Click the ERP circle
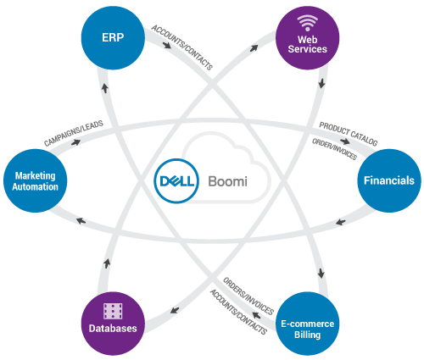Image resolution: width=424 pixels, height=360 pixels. pyautogui.click(x=113, y=38)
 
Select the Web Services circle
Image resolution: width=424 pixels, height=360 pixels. pyautogui.click(x=307, y=38)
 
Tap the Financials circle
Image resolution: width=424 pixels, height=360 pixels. pyautogui.click(x=389, y=180)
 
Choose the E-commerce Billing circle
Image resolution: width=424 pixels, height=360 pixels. pyautogui.click(x=307, y=324)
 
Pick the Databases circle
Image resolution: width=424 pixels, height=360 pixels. pyautogui.click(x=113, y=324)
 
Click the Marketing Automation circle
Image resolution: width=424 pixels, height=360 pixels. pyautogui.click(x=36, y=180)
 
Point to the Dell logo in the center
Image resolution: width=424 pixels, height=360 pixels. pyautogui.click(x=176, y=180)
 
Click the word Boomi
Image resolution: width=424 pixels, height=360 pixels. pyautogui.click(x=227, y=181)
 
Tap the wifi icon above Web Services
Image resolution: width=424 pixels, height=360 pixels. pyautogui.click(x=307, y=23)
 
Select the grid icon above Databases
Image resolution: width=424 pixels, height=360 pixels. pyautogui.click(x=113, y=311)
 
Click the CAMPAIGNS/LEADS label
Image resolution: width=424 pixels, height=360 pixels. pyautogui.click(x=74, y=133)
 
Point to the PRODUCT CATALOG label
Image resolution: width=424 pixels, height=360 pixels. pyautogui.click(x=349, y=134)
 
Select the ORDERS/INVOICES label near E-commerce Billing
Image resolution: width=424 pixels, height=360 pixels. pyautogui.click(x=248, y=296)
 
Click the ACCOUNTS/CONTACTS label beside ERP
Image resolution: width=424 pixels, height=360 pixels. pyautogui.click(x=182, y=47)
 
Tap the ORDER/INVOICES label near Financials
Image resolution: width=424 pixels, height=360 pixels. pyautogui.click(x=334, y=149)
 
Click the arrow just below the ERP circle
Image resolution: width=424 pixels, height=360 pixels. pyautogui.click(x=105, y=88)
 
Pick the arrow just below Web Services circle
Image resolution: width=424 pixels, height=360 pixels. pyautogui.click(x=321, y=83)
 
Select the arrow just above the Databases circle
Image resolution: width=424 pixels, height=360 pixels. pyautogui.click(x=107, y=263)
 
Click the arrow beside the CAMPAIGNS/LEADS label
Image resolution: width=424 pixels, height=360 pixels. pyautogui.click(x=75, y=142)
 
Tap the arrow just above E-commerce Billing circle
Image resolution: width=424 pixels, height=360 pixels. pyautogui.click(x=321, y=273)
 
